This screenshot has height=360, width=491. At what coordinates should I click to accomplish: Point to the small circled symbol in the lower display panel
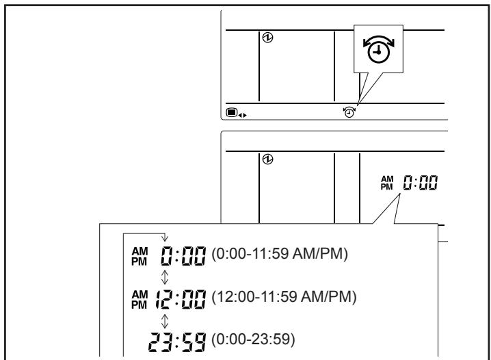[268, 159]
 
